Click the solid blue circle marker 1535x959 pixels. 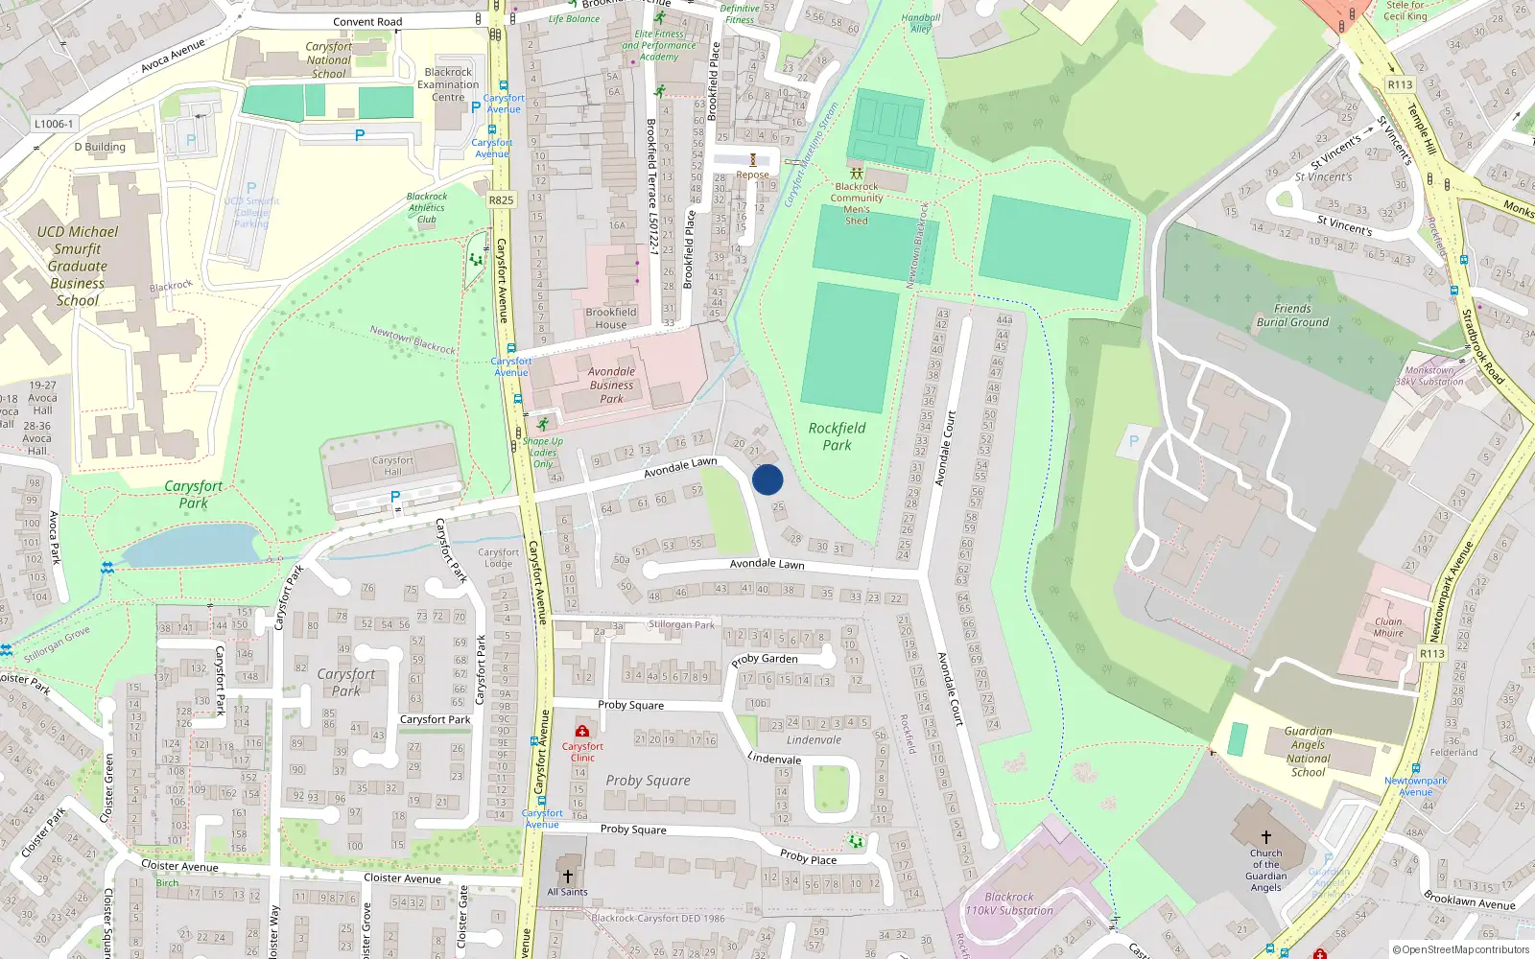[x=767, y=479]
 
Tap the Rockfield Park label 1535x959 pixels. [x=837, y=436]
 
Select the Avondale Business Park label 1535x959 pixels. [x=611, y=385]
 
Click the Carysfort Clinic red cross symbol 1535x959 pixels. [x=582, y=732]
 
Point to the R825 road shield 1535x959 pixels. [x=501, y=200]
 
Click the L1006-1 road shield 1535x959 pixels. [x=54, y=124]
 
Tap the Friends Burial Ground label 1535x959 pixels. [x=1292, y=316]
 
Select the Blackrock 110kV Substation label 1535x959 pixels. [x=1008, y=904]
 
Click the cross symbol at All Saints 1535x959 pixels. [x=567, y=876]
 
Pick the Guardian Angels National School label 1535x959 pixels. [x=1308, y=751]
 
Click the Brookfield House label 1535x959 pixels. [x=610, y=318]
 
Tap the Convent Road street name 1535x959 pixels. [x=367, y=22]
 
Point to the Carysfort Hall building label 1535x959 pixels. [x=393, y=466]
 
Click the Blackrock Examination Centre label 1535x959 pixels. [x=448, y=84]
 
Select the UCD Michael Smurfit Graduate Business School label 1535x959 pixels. [x=78, y=266]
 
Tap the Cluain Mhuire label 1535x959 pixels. [x=1388, y=627]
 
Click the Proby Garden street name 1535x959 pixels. [x=765, y=660]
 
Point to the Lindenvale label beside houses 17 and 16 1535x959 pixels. [x=814, y=739]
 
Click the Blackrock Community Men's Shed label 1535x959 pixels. [x=857, y=203]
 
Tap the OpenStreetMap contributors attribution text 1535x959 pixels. [x=1461, y=950]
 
